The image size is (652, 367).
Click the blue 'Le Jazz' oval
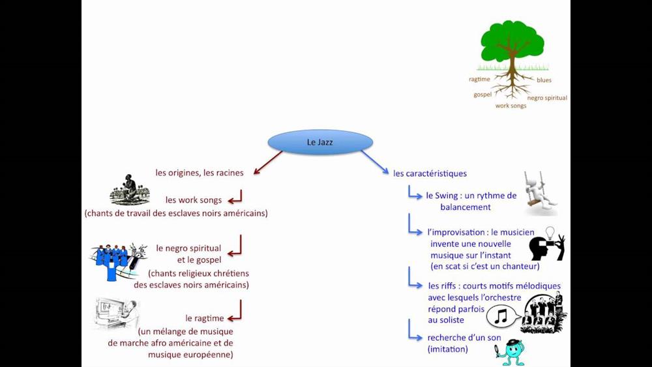(x=320, y=142)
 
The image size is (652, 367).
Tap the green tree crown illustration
(x=512, y=40)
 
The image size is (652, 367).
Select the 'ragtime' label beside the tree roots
(x=479, y=80)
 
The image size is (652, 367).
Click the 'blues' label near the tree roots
(x=544, y=80)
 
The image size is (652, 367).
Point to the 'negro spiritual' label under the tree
(x=547, y=98)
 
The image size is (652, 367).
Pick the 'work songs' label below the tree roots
(x=511, y=106)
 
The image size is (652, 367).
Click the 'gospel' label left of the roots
(x=482, y=95)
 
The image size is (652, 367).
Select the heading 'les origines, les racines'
(x=200, y=173)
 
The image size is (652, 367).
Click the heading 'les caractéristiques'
(x=430, y=173)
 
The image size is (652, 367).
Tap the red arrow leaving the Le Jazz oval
(x=267, y=163)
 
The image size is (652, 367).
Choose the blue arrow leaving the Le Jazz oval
(x=374, y=163)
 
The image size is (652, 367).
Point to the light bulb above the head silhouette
(x=550, y=233)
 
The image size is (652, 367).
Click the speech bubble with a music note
(x=502, y=317)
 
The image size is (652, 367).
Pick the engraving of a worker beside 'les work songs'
(x=130, y=190)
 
